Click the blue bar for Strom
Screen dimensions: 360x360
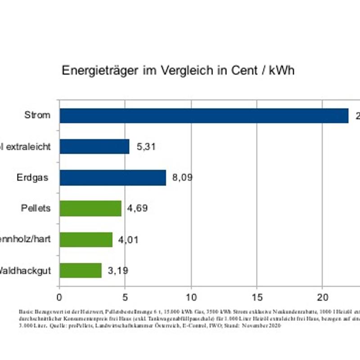point(204,116)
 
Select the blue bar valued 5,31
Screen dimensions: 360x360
point(94,146)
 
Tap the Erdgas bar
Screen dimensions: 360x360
point(113,177)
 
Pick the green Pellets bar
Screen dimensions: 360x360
point(90,208)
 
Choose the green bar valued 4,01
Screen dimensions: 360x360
point(86,239)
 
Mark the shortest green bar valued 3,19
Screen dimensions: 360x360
point(81,270)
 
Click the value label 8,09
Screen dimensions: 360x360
point(182,177)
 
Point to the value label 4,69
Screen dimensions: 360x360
point(137,208)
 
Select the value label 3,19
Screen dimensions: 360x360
point(118,271)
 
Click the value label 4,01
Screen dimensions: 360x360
point(128,240)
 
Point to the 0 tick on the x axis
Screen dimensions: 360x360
point(59,297)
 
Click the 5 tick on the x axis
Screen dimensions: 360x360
point(125,297)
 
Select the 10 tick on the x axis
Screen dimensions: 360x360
point(191,297)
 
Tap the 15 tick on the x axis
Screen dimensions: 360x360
point(256,297)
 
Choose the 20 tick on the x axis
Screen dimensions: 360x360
point(322,297)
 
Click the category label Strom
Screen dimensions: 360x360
point(37,115)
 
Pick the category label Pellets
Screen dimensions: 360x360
point(36,208)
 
